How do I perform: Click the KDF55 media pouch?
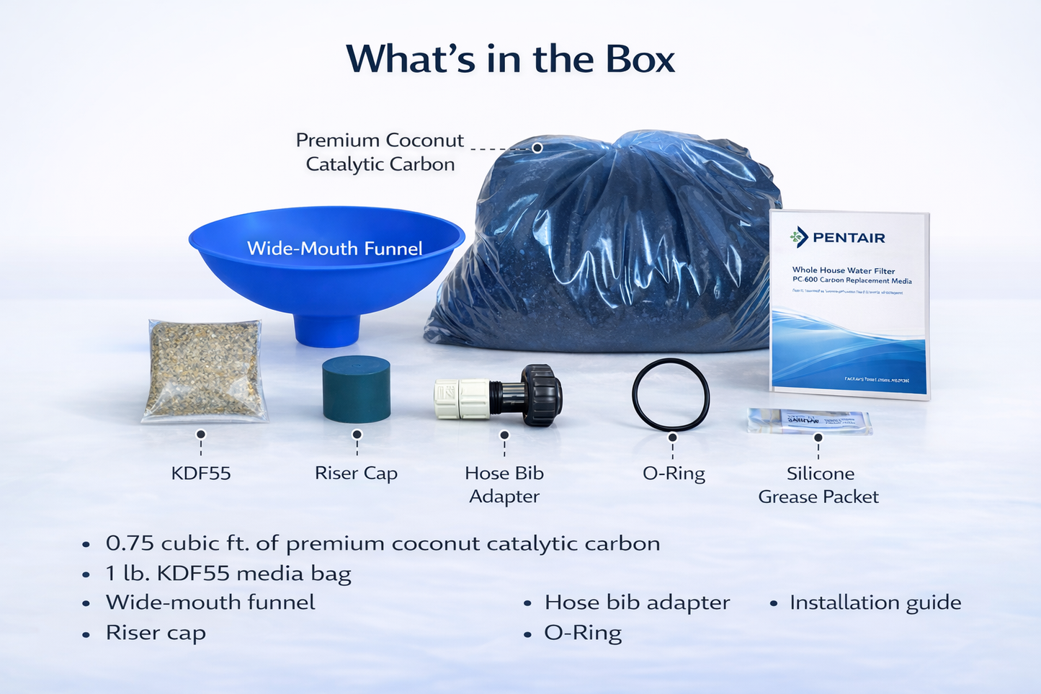pyautogui.click(x=205, y=371)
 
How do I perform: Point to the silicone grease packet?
pyautogui.click(x=809, y=421)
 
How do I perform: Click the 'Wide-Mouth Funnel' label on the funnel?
pyautogui.click(x=334, y=249)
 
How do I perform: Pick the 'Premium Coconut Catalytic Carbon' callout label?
pyautogui.click(x=380, y=152)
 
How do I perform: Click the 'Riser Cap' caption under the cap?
pyautogui.click(x=356, y=473)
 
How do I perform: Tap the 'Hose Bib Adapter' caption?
pyautogui.click(x=504, y=484)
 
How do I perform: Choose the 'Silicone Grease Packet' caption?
pyautogui.click(x=819, y=485)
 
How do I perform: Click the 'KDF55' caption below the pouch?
pyautogui.click(x=201, y=473)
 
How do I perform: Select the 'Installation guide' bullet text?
pyautogui.click(x=875, y=602)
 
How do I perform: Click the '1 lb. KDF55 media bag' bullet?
pyautogui.click(x=228, y=574)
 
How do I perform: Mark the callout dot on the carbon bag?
pyautogui.click(x=537, y=148)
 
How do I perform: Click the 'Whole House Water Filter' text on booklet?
pyautogui.click(x=843, y=270)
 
